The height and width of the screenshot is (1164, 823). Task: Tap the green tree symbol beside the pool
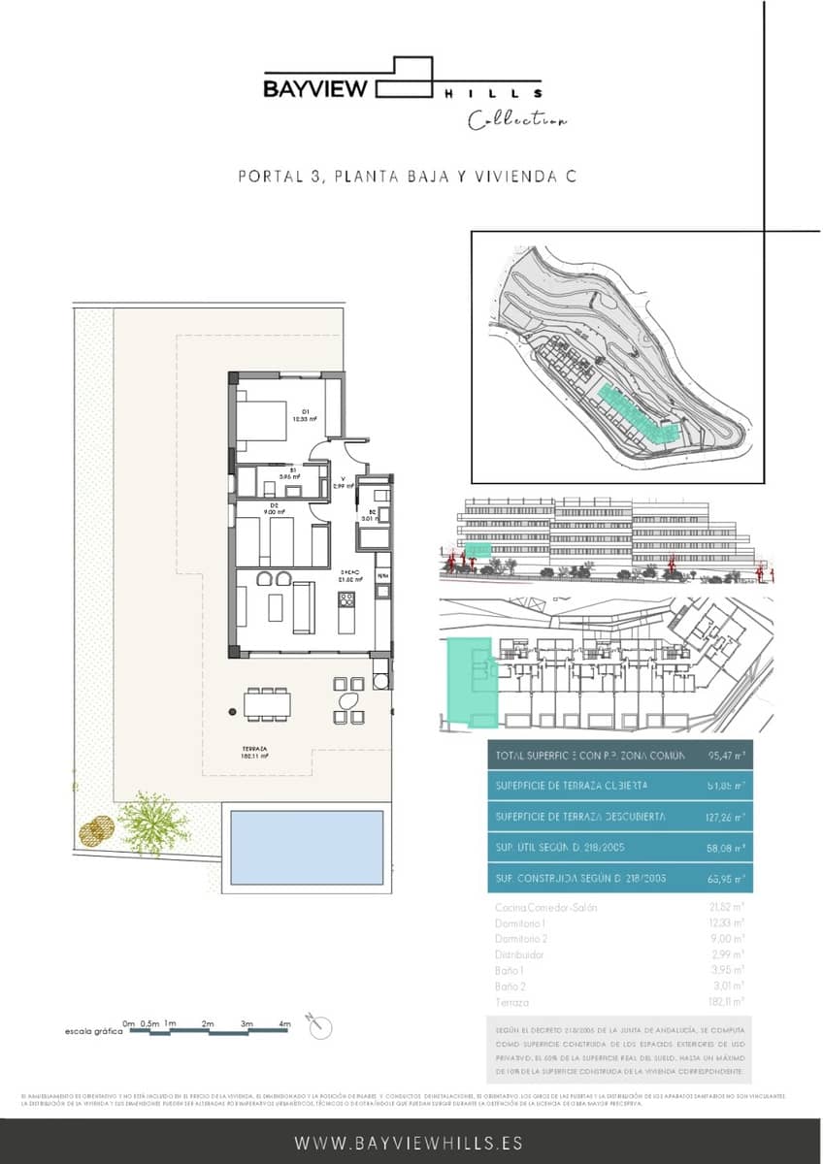point(153,823)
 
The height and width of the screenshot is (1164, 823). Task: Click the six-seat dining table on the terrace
point(268,703)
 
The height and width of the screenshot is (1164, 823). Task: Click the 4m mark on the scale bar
point(285,1024)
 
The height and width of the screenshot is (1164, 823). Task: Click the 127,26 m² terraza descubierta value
point(725,817)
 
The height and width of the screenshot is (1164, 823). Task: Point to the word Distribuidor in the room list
point(519,954)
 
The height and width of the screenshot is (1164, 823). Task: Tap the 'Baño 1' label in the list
point(510,970)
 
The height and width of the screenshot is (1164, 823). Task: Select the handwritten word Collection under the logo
point(517,121)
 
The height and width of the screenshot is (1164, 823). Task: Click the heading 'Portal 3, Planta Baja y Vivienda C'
point(408,177)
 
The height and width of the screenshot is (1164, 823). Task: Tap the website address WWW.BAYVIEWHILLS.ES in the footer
point(409,1143)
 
